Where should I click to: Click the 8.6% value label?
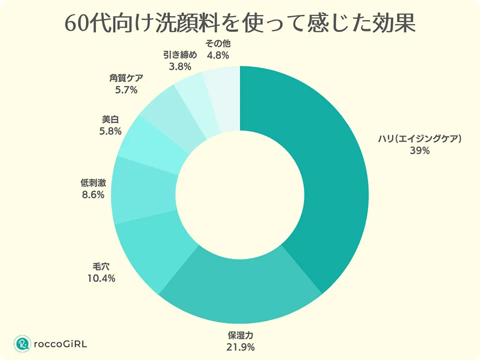point(92,194)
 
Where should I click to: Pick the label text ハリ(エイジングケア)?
point(419,139)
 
